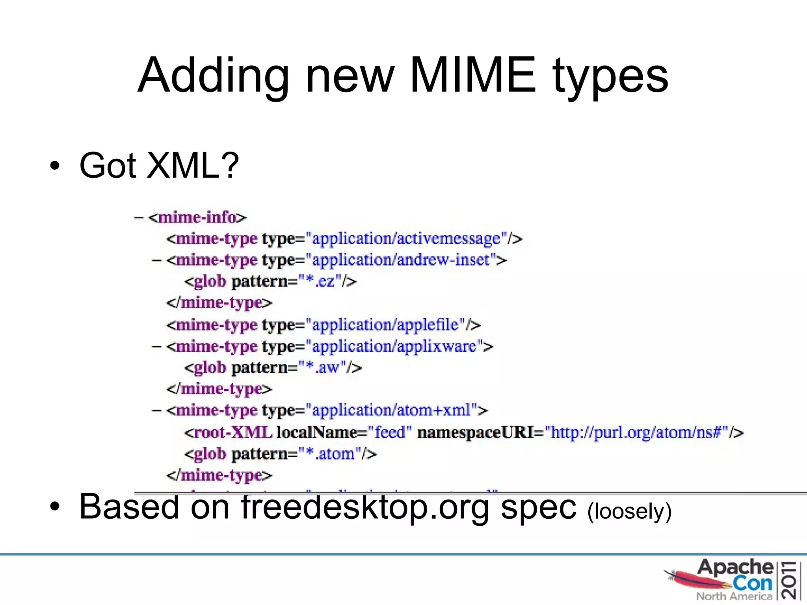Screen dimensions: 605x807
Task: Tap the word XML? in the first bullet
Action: point(193,165)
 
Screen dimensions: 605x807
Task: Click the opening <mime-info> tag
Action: point(197,217)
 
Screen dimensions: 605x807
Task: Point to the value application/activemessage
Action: point(406,239)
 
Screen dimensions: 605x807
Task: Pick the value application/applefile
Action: point(385,325)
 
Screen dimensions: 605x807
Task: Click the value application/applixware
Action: point(394,346)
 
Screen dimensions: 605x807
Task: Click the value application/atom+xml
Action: point(391,410)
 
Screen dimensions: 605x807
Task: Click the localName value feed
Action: point(390,432)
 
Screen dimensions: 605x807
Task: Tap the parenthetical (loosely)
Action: point(629,511)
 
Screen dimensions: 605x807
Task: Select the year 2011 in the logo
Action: point(790,581)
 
